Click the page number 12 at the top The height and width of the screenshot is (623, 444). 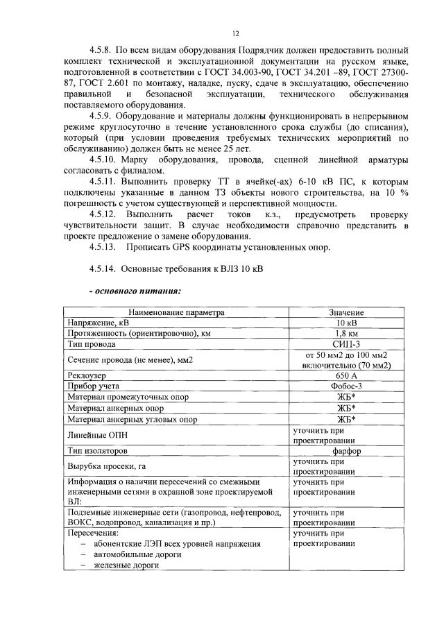[235, 33]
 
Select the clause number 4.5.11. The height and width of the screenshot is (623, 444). [105, 182]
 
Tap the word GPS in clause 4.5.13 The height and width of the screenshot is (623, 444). [178, 248]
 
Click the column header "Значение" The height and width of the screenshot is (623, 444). [346, 313]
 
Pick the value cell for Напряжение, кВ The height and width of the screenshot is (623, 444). [346, 323]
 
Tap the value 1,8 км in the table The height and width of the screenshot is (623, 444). [346, 333]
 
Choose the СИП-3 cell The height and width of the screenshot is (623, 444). [346, 343]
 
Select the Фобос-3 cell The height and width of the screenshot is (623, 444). [346, 386]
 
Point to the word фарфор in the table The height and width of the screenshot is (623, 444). [346, 451]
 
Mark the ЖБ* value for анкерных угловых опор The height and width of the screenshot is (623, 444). [346, 419]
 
